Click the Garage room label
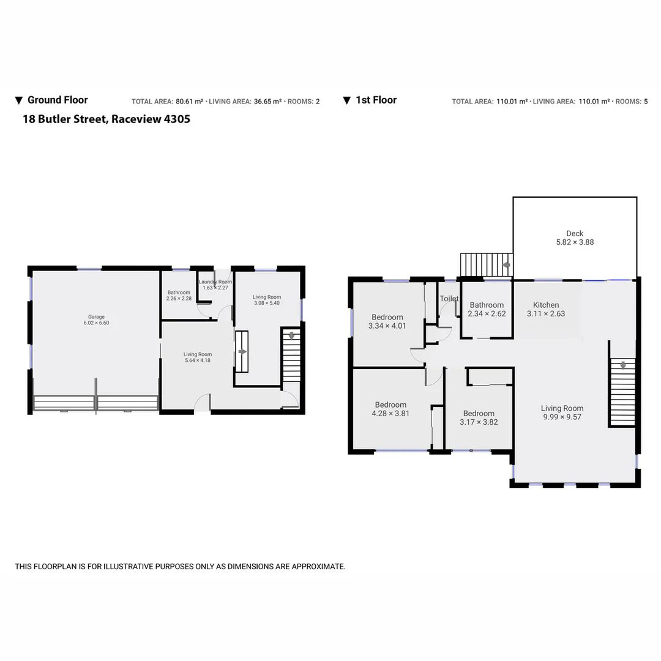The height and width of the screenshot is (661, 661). coord(96,317)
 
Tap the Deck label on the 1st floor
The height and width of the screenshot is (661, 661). coord(574,233)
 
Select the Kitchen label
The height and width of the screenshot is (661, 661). coord(545,305)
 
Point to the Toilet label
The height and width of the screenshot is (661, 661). coord(449,299)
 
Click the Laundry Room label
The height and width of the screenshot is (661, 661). coord(215,282)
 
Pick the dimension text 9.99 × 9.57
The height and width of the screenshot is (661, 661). coord(562,417)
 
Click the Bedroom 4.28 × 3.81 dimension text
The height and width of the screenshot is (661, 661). coord(390,413)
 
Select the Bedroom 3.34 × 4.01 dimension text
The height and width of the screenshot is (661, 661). coord(387,326)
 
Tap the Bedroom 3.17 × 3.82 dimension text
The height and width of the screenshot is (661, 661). coord(478,422)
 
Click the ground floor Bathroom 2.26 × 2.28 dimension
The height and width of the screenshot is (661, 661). coord(179,298)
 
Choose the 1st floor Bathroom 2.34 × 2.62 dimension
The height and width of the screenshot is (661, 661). coord(487,313)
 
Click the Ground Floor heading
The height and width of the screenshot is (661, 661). coord(58,100)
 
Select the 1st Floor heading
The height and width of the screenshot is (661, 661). coord(376,100)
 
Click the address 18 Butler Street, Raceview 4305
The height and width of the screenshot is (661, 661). coord(106,119)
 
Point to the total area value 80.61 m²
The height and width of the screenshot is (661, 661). coord(189,102)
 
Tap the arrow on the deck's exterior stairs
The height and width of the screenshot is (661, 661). coord(506,265)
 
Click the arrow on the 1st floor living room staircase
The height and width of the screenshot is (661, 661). coord(623,365)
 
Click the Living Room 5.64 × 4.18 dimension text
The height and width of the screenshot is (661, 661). coord(198,360)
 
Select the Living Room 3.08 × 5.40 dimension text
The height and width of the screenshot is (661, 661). coord(267,303)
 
